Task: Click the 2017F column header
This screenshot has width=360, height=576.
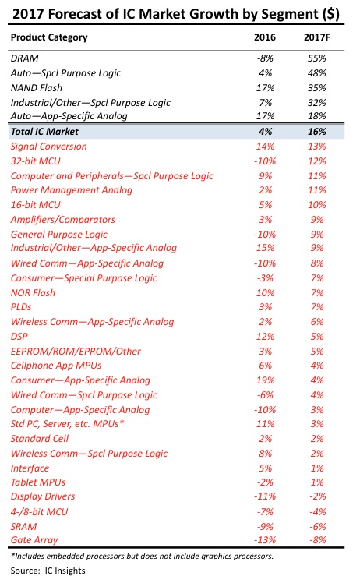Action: tap(316, 37)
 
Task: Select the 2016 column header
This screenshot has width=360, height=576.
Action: tap(264, 37)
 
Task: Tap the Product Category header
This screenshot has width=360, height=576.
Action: tap(49, 37)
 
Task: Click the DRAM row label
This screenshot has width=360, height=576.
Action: tap(25, 58)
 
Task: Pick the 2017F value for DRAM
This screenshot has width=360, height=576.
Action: tap(316, 58)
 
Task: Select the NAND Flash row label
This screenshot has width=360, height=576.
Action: tap(37, 88)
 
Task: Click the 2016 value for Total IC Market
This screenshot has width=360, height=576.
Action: tap(265, 132)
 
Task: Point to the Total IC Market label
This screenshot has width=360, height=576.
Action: tap(44, 132)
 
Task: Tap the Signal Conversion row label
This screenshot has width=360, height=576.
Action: tap(49, 147)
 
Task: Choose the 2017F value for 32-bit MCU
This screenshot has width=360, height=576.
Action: tap(316, 161)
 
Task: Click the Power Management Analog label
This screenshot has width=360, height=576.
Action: tap(71, 190)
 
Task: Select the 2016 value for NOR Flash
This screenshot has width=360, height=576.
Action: tap(265, 293)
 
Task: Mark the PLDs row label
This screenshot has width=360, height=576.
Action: tap(21, 307)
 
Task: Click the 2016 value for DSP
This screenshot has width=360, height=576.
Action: tap(265, 337)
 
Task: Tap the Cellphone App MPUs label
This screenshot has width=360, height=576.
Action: tap(56, 366)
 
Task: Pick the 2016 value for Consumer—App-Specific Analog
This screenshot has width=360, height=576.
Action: tap(265, 380)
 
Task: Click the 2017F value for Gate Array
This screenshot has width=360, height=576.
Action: tap(317, 540)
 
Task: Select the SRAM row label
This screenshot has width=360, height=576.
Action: tap(23, 526)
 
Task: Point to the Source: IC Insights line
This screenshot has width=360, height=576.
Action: tap(48, 571)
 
